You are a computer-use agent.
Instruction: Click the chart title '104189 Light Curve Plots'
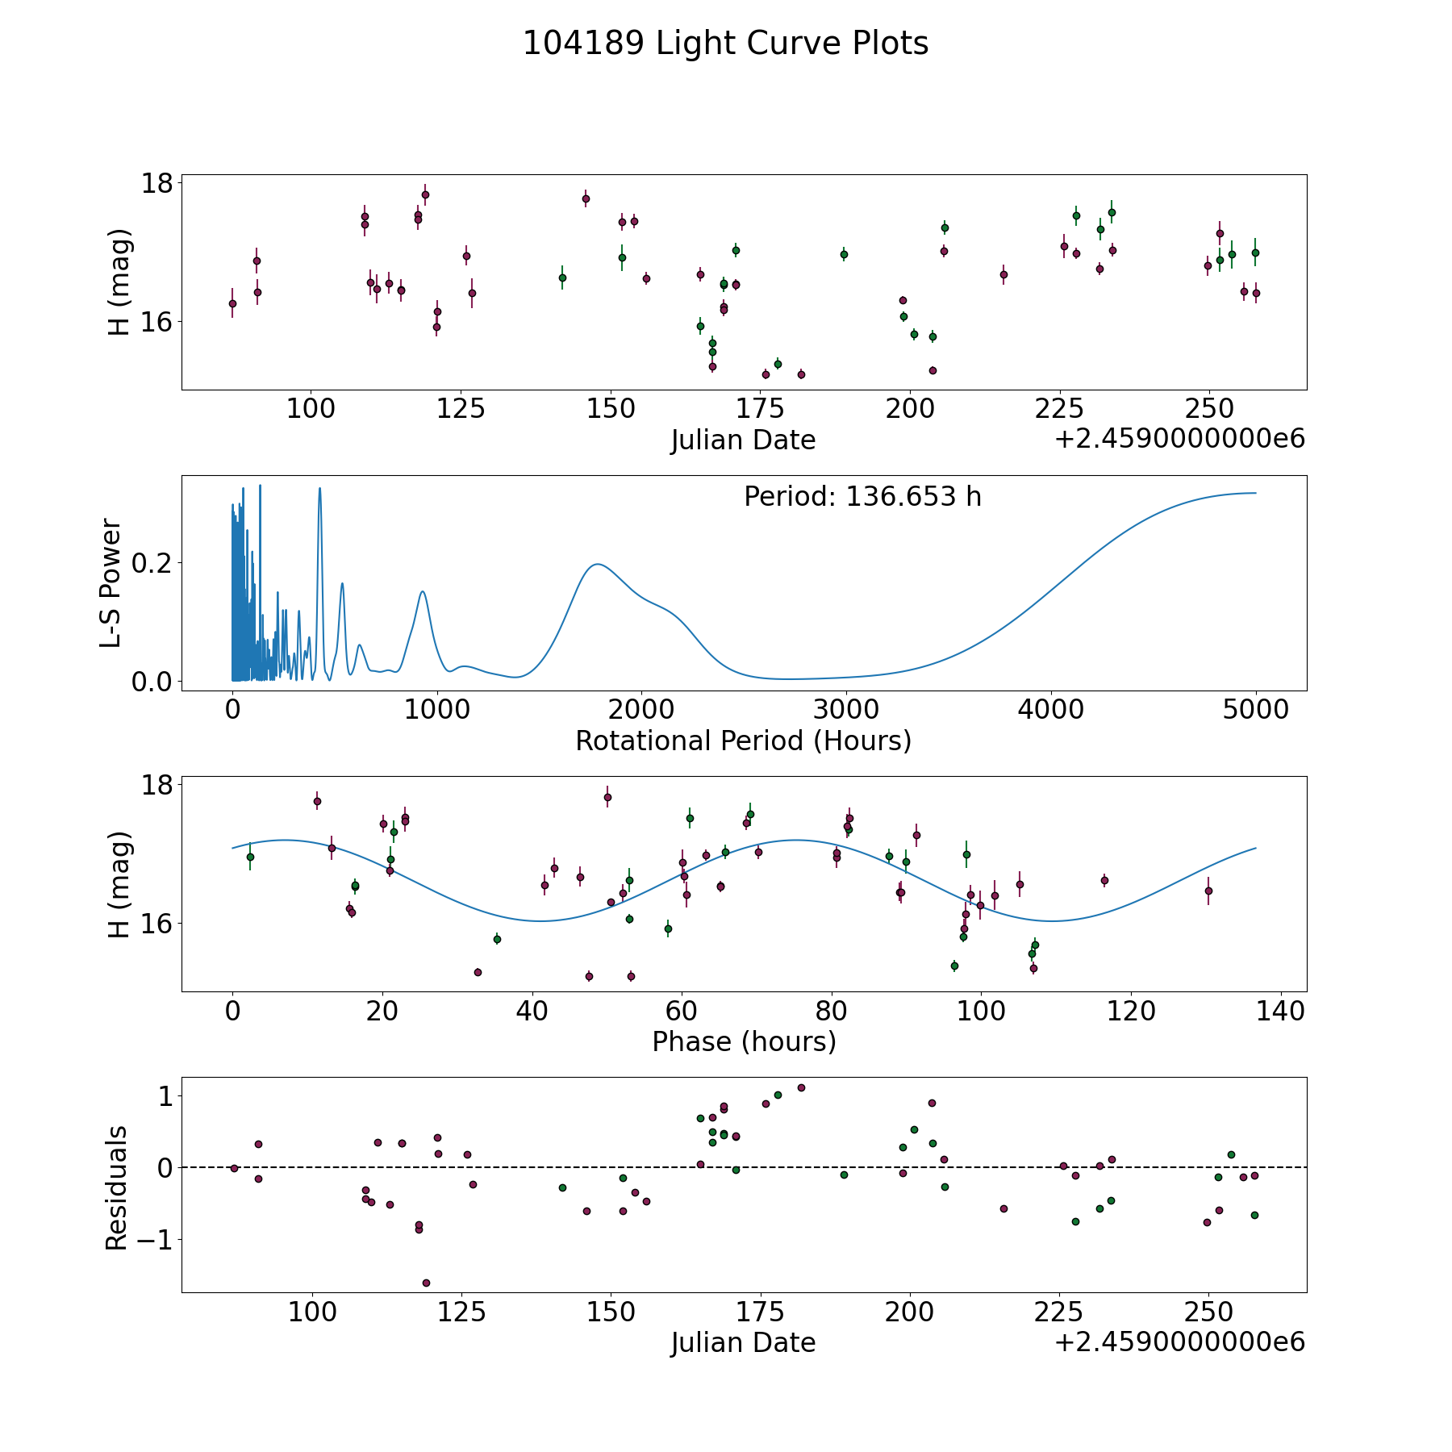tap(725, 44)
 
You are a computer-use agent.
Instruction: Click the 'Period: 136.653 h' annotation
tap(862, 497)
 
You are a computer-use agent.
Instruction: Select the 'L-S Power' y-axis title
tap(111, 583)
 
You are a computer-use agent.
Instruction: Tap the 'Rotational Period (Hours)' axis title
tap(743, 741)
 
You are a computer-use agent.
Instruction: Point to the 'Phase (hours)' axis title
tap(744, 1041)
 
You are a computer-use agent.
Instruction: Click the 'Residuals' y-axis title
tap(117, 1187)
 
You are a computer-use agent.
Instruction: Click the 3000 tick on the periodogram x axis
tap(846, 711)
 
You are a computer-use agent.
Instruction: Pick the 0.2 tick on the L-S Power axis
tap(152, 562)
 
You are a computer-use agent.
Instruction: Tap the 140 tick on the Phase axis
tap(1281, 1012)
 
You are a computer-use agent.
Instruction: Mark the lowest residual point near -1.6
tap(426, 1283)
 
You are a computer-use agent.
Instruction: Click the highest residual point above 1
tap(801, 1087)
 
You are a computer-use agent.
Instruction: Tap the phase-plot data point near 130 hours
tap(1208, 891)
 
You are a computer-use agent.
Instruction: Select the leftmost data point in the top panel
tap(232, 303)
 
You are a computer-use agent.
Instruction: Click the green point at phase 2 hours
tap(250, 857)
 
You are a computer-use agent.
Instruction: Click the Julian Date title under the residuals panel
tap(743, 1342)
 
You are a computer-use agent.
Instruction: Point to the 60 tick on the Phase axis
tap(682, 1012)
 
